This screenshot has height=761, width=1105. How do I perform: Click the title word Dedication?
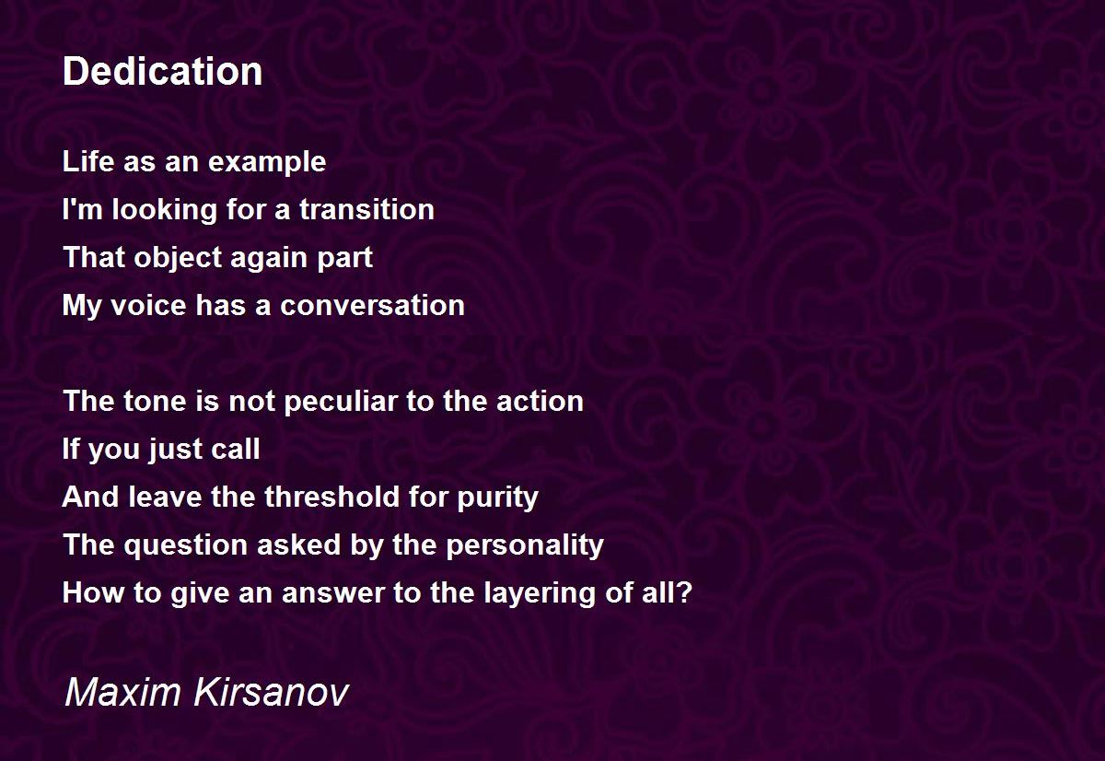162,71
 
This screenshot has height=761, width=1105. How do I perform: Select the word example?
267,163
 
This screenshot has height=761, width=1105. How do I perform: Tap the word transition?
367,209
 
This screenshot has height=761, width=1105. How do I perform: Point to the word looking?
165,211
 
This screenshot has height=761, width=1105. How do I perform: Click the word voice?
148,306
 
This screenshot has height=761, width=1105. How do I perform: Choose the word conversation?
372,306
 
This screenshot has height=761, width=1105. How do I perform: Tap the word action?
540,401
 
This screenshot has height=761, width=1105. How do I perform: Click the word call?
236,449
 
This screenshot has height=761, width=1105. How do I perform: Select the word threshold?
331,497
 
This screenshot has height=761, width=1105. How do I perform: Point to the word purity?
498,498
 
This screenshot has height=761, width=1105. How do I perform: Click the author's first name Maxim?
122,693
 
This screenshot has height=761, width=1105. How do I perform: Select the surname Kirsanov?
272,693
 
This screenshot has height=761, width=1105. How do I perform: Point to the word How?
93,592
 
